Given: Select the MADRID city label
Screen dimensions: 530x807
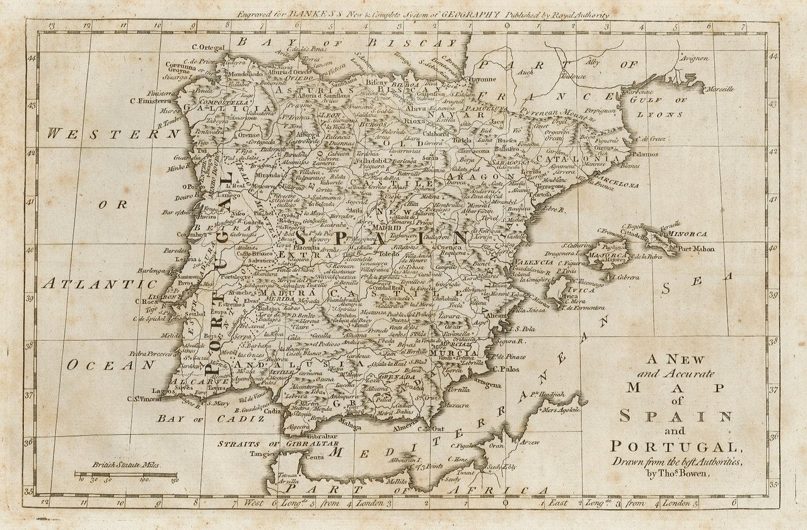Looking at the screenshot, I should tap(388, 228).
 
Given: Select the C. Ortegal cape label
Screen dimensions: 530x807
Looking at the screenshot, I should tap(208, 47).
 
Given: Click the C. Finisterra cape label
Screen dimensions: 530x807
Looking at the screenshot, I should tap(151, 100).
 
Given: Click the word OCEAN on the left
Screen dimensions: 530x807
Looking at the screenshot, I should tap(110, 365).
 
